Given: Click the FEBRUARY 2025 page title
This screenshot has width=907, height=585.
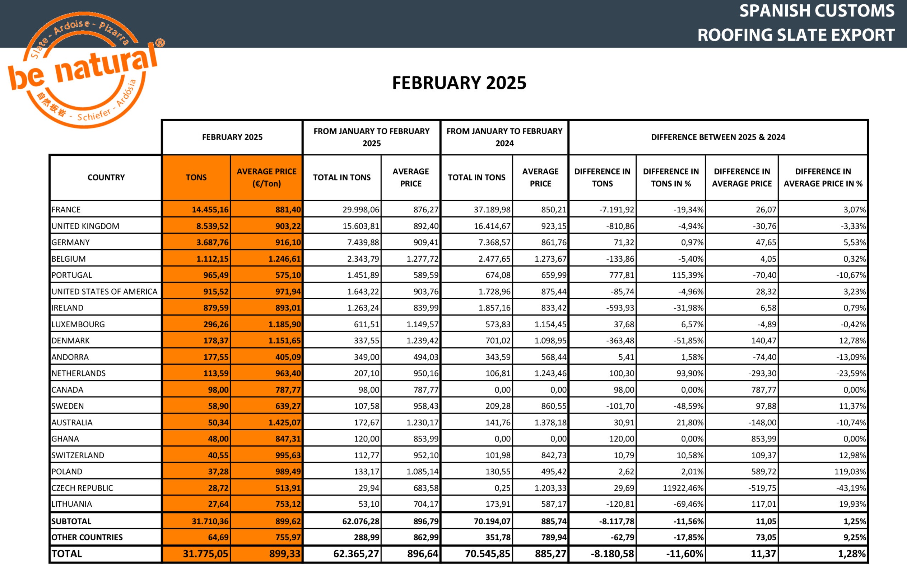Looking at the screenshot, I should point(459,83).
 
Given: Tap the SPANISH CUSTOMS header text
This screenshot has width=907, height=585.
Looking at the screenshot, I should point(817,11).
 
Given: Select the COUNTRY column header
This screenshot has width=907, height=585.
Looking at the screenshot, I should point(106,177).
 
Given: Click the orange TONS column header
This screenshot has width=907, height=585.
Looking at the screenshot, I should point(196,177).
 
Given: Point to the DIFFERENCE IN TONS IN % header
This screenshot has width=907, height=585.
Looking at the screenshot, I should point(671,177).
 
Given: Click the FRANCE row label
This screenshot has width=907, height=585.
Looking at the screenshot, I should point(66,210).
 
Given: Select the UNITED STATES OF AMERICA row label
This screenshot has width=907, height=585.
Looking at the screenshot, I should point(104,292).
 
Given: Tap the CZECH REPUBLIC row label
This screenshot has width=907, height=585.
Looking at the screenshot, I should point(83,488).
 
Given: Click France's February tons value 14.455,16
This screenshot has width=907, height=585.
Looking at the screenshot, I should point(210,210).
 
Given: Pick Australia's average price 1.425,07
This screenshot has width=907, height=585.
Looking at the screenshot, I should point(284,422).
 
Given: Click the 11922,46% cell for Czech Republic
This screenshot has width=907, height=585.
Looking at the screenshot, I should point(683,488).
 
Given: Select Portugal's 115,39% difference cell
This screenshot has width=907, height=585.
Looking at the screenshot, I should point(688,275).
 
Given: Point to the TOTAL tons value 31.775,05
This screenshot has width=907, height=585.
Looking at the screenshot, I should point(206,554).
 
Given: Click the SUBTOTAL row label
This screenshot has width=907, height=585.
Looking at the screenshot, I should point(71,521).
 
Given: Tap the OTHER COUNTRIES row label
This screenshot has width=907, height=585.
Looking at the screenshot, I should point(87,538).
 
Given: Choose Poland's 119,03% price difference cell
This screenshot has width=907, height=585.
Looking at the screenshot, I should point(850,472).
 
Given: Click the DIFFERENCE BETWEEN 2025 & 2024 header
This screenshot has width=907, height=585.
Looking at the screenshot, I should point(718,137).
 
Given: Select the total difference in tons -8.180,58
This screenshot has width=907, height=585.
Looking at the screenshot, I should point(612,554).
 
